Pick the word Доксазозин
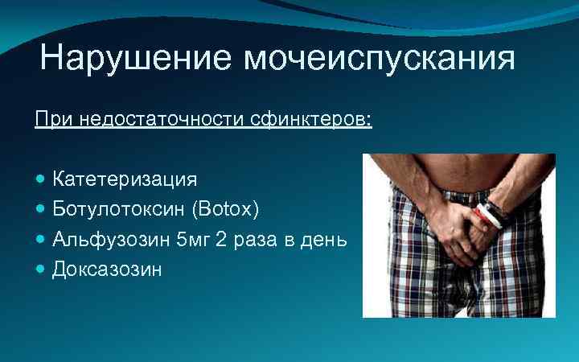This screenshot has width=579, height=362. tap(107, 269)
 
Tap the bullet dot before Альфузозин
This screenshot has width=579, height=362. tap(41, 239)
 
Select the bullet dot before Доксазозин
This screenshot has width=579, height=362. tap(41, 269)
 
